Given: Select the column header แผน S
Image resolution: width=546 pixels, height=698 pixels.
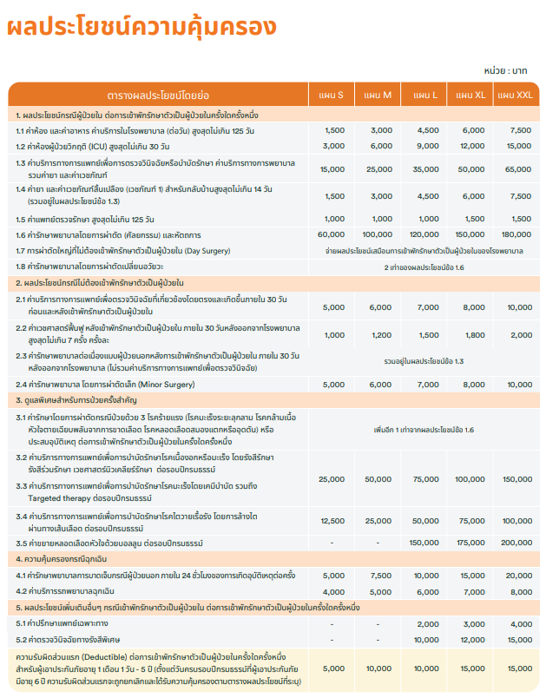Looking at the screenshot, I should (333, 95).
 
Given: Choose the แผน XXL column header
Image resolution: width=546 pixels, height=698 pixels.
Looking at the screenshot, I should (519, 95).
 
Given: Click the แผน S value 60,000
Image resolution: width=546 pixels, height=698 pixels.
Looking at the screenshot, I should (333, 234).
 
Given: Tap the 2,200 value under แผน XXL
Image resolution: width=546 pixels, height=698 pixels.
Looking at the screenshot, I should (519, 334).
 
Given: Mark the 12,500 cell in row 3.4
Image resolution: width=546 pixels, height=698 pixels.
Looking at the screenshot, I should (333, 521).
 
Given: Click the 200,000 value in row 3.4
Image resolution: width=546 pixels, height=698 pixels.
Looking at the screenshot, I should (519, 521).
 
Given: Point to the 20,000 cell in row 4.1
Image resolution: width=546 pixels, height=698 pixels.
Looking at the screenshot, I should (519, 575).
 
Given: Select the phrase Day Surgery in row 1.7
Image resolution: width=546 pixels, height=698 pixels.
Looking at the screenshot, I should (207, 251).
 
